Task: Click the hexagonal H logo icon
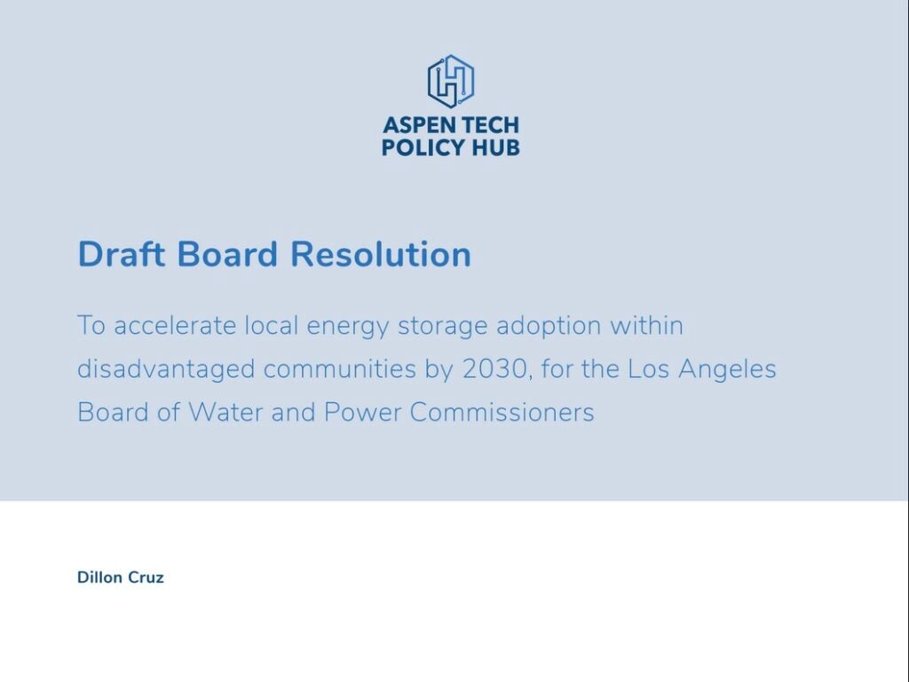[x=450, y=81]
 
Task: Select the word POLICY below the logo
[x=423, y=147]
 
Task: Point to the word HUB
[x=495, y=147]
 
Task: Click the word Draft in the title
[x=121, y=254]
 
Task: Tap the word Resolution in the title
[x=380, y=254]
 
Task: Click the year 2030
[x=495, y=369]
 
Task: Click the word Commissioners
[x=502, y=412]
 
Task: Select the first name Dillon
[x=99, y=577]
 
